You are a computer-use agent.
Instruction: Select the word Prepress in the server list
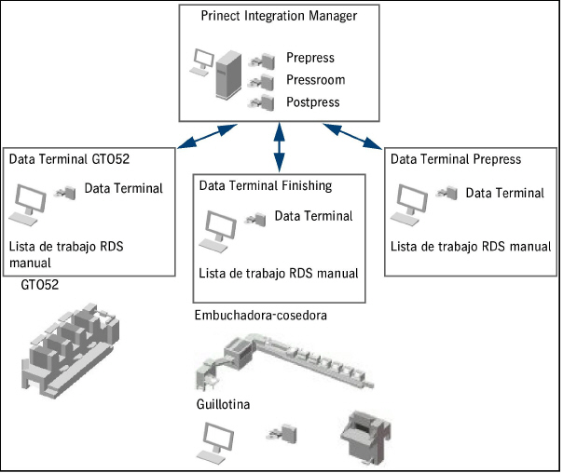tap(310, 59)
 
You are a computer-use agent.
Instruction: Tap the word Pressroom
tap(315, 80)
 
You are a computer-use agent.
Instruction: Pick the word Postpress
tap(313, 101)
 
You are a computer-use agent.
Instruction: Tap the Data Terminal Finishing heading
tap(266, 185)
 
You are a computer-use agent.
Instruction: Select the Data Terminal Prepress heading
tap(456, 158)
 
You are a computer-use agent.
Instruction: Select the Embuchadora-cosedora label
tap(261, 315)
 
